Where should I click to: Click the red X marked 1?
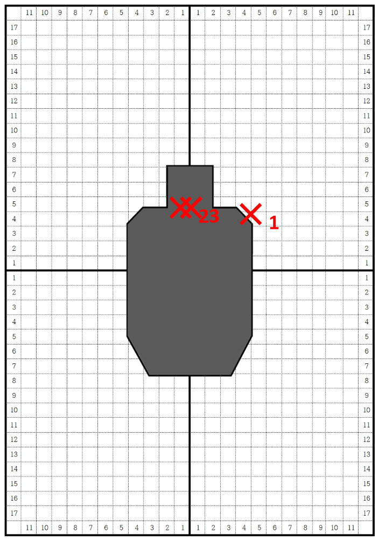pyautogui.click(x=251, y=214)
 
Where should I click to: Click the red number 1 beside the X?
pyautogui.click(x=273, y=222)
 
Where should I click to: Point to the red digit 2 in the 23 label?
pyautogui.click(x=204, y=216)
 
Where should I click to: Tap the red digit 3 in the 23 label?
pyautogui.click(x=214, y=216)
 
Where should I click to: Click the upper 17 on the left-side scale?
pyautogui.click(x=14, y=27)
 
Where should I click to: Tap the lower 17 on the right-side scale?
pyautogui.click(x=367, y=513)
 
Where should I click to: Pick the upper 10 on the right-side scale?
pyautogui.click(x=367, y=130)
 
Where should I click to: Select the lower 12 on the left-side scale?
pyautogui.click(x=14, y=440)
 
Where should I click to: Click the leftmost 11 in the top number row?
pyautogui.click(x=29, y=13)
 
